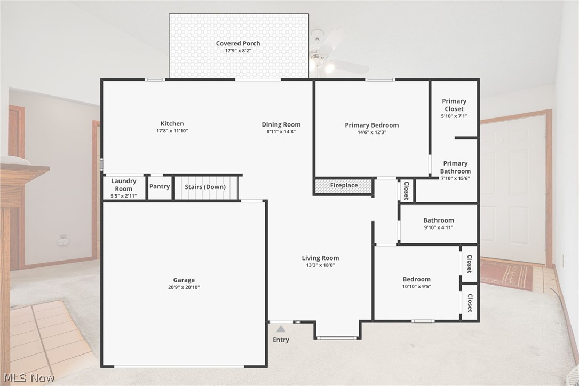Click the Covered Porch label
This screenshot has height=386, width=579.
238,43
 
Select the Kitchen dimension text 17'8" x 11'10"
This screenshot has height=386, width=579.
172,131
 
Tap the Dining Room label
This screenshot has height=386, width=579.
281,124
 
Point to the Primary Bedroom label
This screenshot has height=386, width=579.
371,125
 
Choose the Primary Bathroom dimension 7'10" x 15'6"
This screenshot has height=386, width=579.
455,178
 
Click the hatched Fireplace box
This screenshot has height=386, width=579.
344,186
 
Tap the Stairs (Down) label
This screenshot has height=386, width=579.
205,187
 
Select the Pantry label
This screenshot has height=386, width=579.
160,186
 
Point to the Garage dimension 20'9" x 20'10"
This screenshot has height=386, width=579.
184,287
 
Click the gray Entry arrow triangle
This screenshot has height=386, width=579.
281,329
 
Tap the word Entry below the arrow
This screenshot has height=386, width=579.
281,340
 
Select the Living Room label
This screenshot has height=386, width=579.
320,258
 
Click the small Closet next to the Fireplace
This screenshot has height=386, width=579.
406,190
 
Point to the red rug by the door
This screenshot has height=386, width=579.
506,274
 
